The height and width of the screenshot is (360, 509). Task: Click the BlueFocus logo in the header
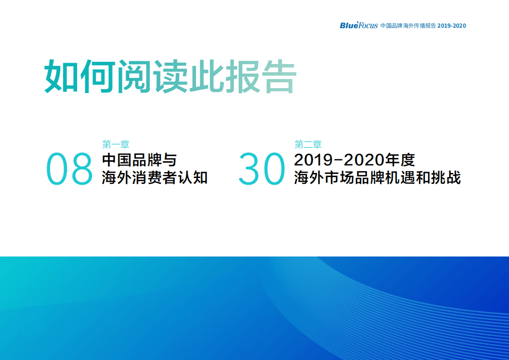358,25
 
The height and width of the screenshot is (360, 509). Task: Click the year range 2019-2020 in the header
451,26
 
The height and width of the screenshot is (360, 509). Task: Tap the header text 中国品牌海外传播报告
408,26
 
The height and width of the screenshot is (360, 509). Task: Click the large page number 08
69,169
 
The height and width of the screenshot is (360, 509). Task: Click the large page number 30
261,169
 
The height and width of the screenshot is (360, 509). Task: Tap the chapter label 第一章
116,145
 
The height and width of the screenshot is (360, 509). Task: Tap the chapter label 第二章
308,145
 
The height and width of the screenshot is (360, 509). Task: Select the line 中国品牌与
139,160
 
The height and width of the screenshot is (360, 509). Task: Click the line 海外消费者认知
155,178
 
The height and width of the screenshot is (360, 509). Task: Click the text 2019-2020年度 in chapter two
354,160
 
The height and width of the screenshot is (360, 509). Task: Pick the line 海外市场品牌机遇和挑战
377,178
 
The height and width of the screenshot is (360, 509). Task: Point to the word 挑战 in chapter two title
446,178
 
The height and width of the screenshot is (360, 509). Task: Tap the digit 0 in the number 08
58,169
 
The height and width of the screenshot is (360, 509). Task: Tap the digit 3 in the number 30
250,169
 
